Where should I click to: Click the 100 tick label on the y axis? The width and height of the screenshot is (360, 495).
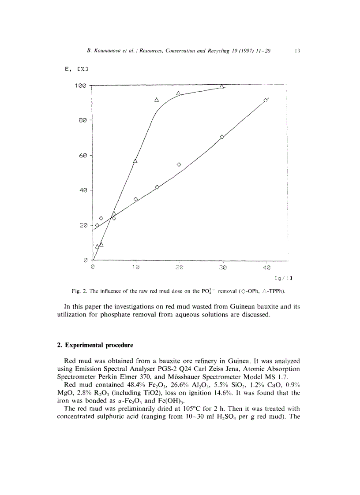80,86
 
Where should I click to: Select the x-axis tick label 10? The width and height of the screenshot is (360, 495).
136,268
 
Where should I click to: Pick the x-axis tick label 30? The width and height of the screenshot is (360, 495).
223,268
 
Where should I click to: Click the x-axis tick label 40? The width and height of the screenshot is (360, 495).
266,268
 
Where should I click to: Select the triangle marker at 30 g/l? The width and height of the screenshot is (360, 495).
222,86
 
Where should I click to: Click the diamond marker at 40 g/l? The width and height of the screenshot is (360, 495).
266,100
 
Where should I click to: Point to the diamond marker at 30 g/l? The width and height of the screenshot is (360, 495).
222,137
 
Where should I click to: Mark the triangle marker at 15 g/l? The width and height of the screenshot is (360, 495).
157,100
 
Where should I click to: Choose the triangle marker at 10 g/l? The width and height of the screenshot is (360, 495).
135,161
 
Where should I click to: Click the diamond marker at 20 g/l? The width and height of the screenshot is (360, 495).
179,164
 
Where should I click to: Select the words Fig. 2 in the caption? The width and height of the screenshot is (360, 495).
79,291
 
